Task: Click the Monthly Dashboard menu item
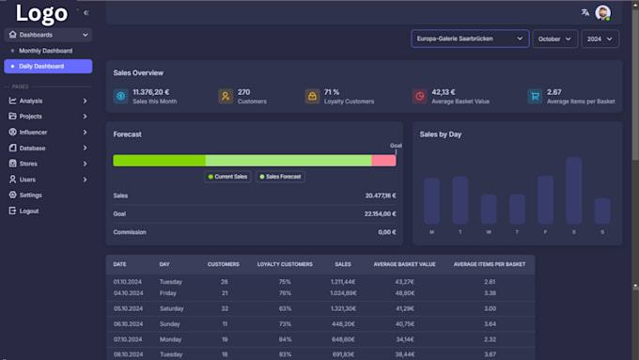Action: (x=45, y=51)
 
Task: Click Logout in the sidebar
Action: (x=29, y=211)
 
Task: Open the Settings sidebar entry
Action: (x=30, y=195)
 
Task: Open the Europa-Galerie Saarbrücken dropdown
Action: (x=469, y=39)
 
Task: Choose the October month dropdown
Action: (x=554, y=39)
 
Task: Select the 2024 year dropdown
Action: (x=600, y=39)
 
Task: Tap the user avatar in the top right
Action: (x=602, y=12)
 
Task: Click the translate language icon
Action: (x=585, y=12)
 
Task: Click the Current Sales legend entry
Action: (x=228, y=177)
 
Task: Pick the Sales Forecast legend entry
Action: (x=280, y=177)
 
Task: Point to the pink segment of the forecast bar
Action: (x=383, y=161)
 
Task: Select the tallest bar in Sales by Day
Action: (x=573, y=190)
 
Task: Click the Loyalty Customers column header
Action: (x=285, y=264)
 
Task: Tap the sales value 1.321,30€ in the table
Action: (x=343, y=307)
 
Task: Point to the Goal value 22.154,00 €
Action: (x=380, y=213)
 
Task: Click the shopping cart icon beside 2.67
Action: (x=534, y=96)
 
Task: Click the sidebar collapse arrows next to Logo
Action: (x=86, y=13)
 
